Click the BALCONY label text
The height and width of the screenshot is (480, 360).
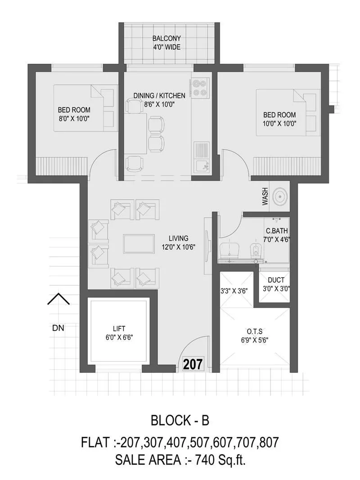pyautogui.click(x=167, y=38)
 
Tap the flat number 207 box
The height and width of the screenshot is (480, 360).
pyautogui.click(x=193, y=363)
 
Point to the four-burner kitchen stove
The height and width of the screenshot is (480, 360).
pyautogui.click(x=199, y=88)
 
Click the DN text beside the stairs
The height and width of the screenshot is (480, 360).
pyautogui.click(x=58, y=328)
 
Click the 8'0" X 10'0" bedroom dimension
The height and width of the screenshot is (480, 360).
pyautogui.click(x=74, y=118)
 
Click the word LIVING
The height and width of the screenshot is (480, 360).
pyautogui.click(x=178, y=238)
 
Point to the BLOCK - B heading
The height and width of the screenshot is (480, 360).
pyautogui.click(x=180, y=421)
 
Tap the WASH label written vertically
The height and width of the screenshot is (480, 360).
pyautogui.click(x=265, y=197)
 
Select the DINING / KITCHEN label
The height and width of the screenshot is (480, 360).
pyautogui.click(x=159, y=95)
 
